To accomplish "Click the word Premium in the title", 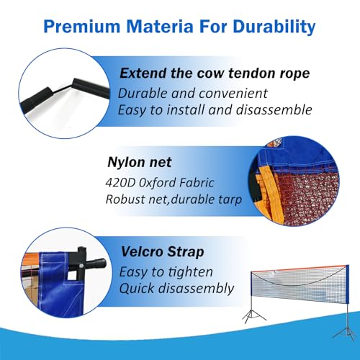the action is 82,26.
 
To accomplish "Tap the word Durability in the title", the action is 274,27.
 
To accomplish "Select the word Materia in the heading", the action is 160,26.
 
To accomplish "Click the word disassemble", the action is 274,110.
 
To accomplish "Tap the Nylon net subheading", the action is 140,162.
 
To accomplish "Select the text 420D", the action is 120,183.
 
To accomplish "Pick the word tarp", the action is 230,200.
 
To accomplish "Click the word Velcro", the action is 142,252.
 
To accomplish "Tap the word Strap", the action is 186,253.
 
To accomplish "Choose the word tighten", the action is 190,272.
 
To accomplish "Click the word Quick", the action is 137,288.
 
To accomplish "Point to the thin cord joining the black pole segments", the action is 63,89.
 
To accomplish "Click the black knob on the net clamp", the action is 96,264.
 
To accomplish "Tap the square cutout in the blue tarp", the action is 71,276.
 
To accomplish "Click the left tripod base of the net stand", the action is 254,316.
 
